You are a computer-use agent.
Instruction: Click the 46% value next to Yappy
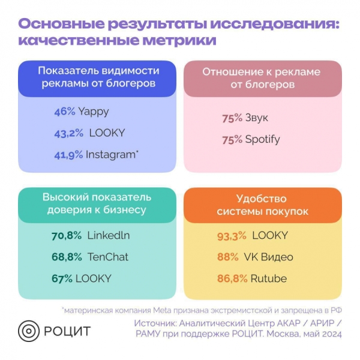[64, 111]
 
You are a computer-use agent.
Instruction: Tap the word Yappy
[93, 112]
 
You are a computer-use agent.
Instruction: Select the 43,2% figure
[68, 133]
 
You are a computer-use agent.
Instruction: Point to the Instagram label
[111, 154]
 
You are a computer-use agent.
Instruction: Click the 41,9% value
[68, 154]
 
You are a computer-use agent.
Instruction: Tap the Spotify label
[262, 140]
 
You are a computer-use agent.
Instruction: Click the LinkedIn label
[109, 235]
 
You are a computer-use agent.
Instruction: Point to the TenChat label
[108, 257]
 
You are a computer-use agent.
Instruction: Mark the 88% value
[228, 257]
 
